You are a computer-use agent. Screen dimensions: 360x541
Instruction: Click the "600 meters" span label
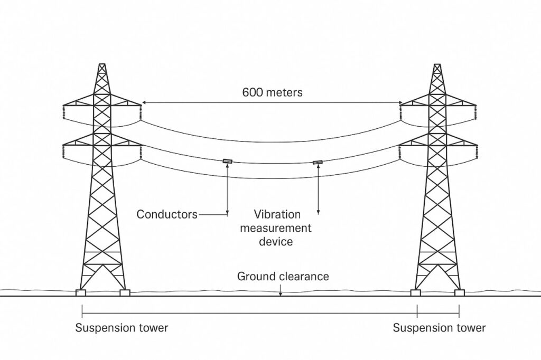(272, 92)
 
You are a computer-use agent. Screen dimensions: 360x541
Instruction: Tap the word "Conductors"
(166, 214)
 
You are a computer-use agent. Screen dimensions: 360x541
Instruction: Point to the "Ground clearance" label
(283, 276)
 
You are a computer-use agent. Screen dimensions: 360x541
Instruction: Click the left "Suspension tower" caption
(122, 328)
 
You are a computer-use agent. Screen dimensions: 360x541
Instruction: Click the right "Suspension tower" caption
(439, 328)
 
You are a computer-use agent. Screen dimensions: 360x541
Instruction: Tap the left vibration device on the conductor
(227, 161)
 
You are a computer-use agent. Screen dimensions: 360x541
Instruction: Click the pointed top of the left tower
(102, 65)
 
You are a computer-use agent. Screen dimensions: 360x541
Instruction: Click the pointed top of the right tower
(437, 65)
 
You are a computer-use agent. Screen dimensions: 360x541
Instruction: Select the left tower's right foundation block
(125, 292)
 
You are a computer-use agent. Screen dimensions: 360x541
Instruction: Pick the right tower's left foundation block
(415, 292)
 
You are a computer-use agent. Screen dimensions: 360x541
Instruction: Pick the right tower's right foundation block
(459, 292)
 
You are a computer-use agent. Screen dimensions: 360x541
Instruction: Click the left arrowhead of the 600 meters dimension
(144, 102)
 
